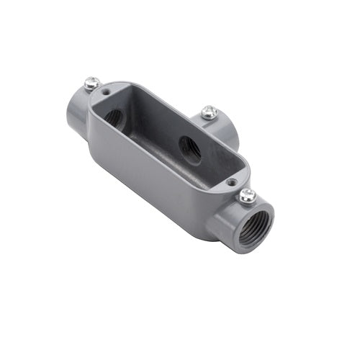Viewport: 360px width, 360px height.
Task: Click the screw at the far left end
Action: click(91, 84)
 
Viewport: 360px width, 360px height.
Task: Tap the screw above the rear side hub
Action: click(209, 112)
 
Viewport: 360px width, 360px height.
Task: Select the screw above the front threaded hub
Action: click(247, 194)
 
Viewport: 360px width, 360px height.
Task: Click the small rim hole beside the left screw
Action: click(107, 93)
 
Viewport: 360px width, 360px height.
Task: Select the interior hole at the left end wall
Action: click(113, 115)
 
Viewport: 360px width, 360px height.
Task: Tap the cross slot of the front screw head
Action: click(248, 194)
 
